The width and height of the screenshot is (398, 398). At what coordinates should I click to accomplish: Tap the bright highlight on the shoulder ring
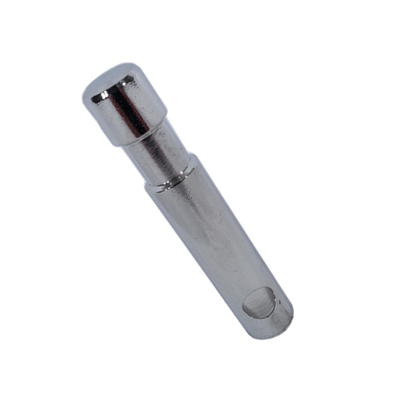coord(165,187)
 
